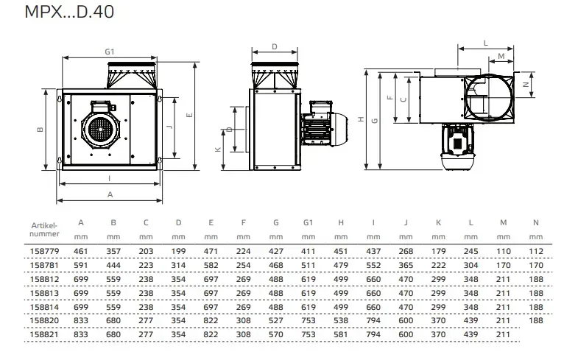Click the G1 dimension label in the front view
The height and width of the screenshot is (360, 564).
[x=110, y=52]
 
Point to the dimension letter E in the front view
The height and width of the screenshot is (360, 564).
[x=189, y=115]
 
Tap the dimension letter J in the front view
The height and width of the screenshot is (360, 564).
[x=169, y=127]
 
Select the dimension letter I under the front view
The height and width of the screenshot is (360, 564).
[x=109, y=178]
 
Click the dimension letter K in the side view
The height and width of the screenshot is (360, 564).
[x=219, y=149]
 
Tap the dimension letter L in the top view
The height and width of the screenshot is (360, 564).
[x=487, y=43]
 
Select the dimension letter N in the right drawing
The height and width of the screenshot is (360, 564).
[x=525, y=85]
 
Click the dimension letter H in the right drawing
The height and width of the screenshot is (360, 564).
[x=360, y=119]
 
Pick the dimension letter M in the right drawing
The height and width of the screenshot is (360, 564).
[x=501, y=56]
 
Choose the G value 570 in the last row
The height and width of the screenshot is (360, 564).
[x=275, y=333]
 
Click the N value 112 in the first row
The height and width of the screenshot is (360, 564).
[x=536, y=251]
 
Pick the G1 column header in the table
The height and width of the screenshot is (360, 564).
[x=309, y=223]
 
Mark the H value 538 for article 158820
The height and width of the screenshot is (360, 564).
[x=341, y=320]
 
